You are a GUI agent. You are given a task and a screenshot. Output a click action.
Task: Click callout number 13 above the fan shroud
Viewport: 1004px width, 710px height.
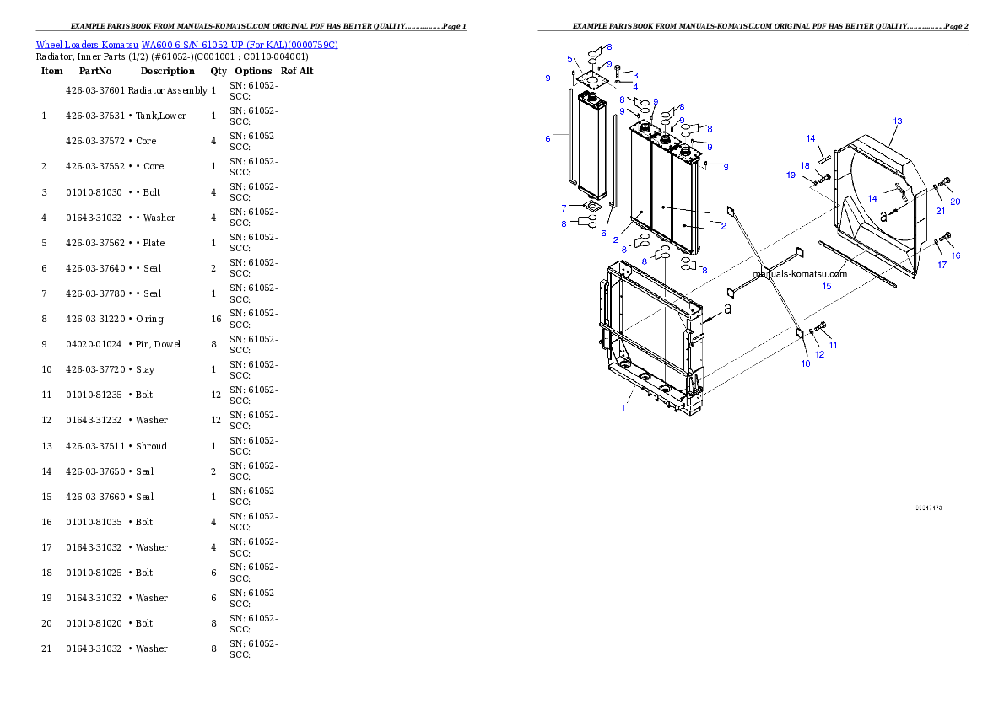898,121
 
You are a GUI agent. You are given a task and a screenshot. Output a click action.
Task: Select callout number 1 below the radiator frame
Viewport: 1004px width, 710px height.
623,408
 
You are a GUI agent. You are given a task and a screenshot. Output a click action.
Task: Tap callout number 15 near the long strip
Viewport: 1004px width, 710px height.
827,287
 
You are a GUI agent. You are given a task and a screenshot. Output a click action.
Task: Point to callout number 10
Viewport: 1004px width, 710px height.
806,363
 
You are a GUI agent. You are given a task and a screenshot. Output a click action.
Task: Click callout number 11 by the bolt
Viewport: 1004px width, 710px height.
834,345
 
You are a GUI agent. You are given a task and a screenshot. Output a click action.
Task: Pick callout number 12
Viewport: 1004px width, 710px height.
819,354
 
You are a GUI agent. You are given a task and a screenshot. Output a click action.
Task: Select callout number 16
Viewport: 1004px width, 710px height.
956,255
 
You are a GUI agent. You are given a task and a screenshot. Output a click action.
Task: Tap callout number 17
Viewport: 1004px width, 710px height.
942,265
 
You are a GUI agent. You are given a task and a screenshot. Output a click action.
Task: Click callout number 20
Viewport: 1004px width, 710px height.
955,202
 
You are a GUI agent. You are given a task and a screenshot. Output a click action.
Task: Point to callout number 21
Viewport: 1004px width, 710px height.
940,211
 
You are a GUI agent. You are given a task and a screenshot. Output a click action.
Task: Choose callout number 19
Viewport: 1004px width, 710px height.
791,175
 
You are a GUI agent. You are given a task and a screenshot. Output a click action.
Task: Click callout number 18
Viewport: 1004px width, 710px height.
805,166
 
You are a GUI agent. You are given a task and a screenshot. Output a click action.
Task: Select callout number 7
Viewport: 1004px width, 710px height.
564,207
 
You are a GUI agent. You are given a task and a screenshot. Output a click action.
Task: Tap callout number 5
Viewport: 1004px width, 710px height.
570,59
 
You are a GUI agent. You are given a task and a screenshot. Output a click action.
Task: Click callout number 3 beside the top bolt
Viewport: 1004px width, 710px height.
634,76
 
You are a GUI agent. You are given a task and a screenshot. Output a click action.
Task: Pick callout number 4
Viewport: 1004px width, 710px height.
634,87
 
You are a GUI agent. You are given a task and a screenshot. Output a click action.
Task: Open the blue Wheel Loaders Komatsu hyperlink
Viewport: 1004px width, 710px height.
186,45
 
